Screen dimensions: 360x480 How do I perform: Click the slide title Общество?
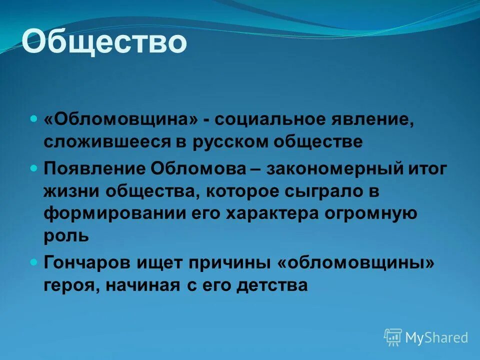point(104,42)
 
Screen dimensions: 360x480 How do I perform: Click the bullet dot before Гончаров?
point(33,261)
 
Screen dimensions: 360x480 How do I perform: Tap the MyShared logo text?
point(436,337)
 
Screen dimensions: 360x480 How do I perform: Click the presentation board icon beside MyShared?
point(393,337)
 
